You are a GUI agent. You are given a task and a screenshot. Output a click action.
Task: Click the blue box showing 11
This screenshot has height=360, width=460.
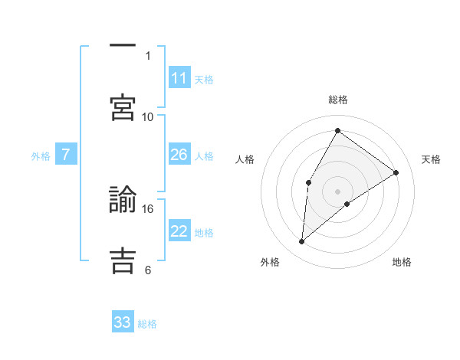pos(179,78)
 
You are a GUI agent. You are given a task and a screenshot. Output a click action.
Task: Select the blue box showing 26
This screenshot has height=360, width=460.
pos(179,155)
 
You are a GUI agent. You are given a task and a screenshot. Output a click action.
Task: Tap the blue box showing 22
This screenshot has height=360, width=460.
pos(179,231)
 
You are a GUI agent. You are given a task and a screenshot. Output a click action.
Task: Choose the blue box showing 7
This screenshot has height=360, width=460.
pos(66,155)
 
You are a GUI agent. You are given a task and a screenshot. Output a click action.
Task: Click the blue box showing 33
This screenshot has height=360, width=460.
pos(123,322)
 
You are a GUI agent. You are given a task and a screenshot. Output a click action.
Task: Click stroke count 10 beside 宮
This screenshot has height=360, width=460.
pos(148,116)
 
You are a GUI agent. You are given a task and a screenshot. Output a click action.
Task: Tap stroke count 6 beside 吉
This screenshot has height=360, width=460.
pos(148,270)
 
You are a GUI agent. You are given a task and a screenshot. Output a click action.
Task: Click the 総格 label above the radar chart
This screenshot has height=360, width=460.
pos(337,100)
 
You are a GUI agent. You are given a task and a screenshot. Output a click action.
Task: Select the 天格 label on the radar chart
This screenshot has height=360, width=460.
pos(432,159)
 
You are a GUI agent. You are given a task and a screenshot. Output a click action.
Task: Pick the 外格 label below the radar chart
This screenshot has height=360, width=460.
pos(270,262)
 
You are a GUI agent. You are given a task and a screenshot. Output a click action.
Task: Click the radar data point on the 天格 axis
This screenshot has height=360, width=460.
pos(396,172)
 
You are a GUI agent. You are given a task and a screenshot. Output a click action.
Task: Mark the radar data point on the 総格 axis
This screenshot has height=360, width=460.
pos(337,130)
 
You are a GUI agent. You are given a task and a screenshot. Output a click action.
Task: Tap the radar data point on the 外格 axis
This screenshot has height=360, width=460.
pos(302,242)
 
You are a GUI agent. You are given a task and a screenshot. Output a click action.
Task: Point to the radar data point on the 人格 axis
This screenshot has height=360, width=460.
pos(308,182)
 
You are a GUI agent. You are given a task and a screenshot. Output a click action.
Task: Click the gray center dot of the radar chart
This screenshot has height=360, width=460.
pos(337,191)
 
